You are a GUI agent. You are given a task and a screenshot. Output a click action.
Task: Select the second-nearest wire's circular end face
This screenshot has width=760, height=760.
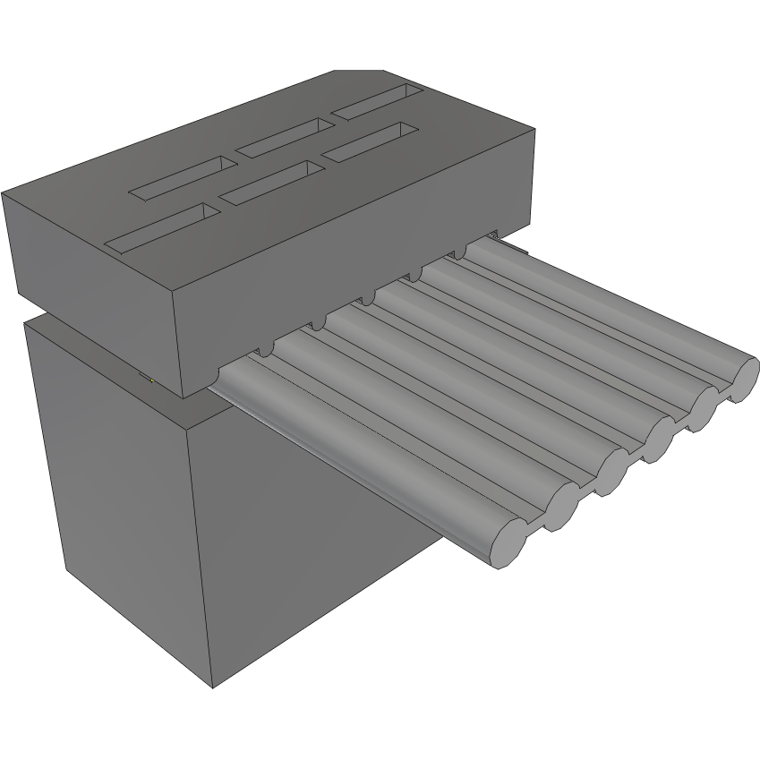pos(560,506)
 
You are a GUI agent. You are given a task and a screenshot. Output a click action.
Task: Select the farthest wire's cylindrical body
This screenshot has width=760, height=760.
pos(609,309)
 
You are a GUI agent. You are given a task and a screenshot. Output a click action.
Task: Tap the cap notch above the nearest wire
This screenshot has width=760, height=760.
pos(267,351)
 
